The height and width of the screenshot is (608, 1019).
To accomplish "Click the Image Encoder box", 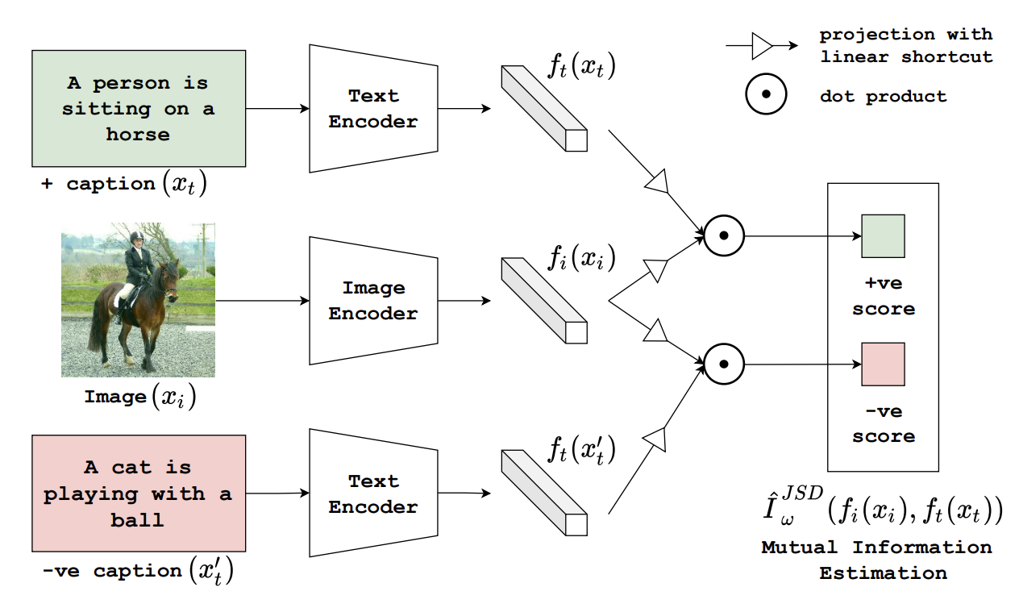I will (x=373, y=301).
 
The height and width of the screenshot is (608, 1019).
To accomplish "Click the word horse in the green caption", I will (x=138, y=134).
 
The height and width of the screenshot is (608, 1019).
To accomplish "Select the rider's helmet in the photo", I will (x=136, y=237).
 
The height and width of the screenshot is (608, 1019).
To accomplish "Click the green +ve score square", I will (x=883, y=236).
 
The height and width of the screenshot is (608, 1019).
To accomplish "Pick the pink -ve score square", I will (x=883, y=364).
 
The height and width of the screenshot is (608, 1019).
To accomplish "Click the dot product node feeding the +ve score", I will (x=724, y=236).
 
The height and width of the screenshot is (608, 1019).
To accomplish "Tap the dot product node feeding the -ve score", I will (x=724, y=364).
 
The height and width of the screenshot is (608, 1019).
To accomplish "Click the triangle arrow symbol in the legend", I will (x=762, y=46).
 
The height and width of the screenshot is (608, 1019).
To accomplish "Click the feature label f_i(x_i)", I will (x=581, y=258).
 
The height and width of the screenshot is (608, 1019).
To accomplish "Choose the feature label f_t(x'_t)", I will (x=581, y=449).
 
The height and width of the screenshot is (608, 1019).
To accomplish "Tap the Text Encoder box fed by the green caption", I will (x=373, y=109).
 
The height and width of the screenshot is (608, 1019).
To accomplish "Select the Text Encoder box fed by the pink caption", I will (x=373, y=493).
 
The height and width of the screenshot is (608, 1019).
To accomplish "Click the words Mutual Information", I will (x=876, y=548).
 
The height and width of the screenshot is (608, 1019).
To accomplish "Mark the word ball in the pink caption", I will (x=138, y=520).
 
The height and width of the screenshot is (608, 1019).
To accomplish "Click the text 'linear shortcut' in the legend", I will (x=905, y=56).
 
